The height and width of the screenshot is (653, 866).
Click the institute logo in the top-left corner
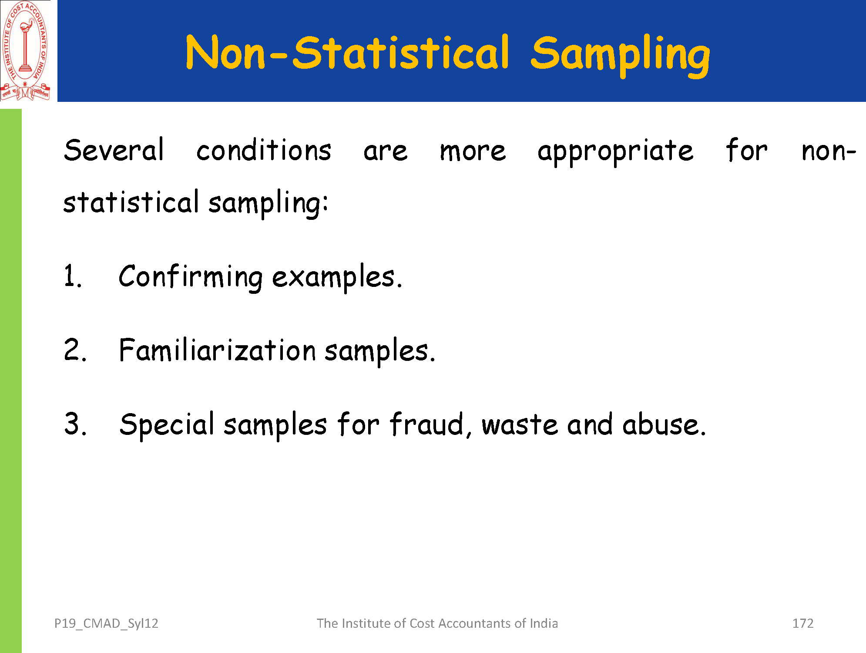[25, 51]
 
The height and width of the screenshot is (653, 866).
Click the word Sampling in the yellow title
[620, 56]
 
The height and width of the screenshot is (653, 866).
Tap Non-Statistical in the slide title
[347, 52]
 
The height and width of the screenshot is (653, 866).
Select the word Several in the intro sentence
[114, 150]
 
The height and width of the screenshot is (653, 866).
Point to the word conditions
[264, 150]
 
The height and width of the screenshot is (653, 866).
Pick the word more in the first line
[473, 152]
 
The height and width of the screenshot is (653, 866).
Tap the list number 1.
[73, 276]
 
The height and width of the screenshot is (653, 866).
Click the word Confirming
[191, 277]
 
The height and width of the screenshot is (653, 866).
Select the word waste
[520, 425]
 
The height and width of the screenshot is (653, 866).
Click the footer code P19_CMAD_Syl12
[106, 624]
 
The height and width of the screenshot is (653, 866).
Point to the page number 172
[803, 623]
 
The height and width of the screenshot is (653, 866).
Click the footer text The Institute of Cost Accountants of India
[437, 623]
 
